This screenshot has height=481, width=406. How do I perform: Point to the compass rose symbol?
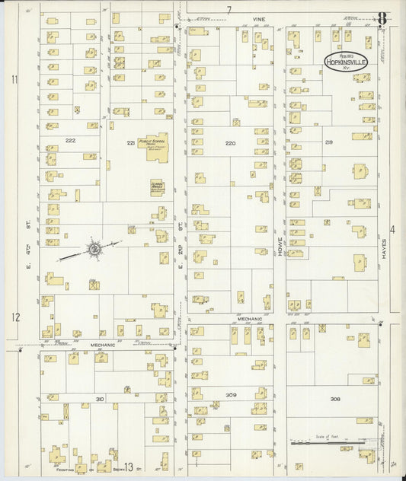click(93, 248)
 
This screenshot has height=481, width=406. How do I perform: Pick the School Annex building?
click(157, 187)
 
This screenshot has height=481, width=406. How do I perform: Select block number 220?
click(230, 142)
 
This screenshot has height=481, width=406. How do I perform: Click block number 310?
click(99, 398)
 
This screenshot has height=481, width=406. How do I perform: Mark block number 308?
click(334, 398)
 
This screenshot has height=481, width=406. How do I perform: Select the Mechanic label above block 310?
click(103, 345)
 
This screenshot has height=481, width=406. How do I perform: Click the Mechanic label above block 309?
click(251, 319)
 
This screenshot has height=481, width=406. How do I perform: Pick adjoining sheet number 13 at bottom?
click(129, 467)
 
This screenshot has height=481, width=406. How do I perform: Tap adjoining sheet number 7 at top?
click(229, 9)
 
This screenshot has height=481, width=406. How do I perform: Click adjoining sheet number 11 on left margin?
click(14, 79)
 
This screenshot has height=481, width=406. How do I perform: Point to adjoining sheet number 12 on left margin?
click(14, 317)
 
